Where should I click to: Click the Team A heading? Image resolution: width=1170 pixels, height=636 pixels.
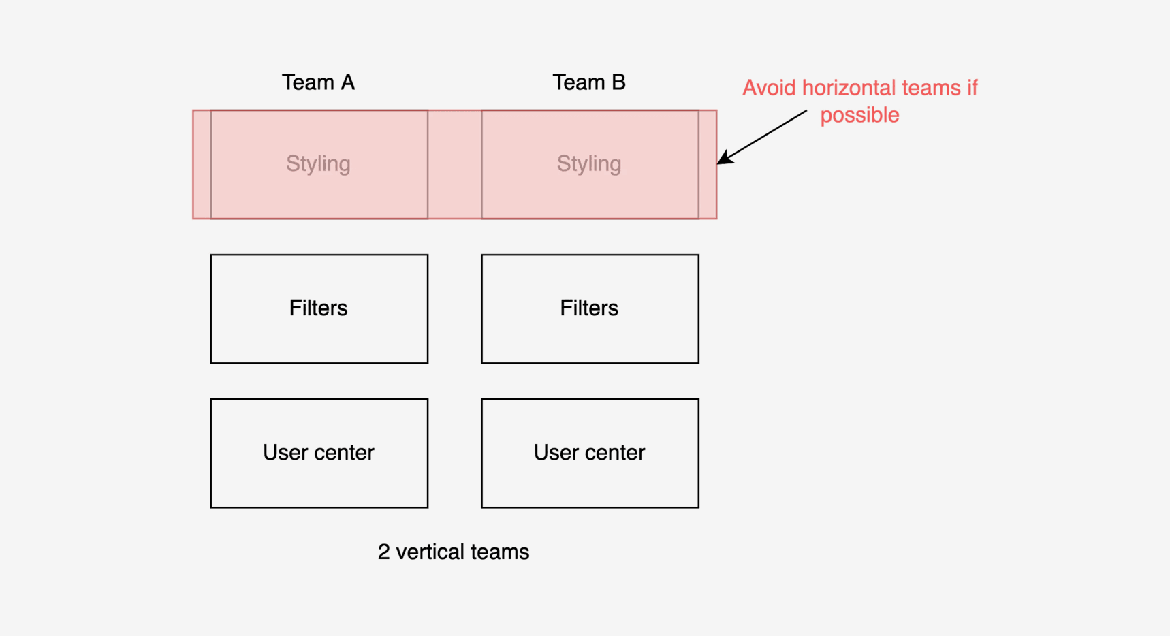tap(318, 82)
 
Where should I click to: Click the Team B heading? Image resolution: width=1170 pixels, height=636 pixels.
tap(589, 82)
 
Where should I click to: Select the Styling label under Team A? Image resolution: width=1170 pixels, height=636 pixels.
tap(318, 163)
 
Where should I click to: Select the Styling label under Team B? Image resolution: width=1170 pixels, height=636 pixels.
tap(589, 163)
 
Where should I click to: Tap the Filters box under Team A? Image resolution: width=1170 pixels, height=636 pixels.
tap(319, 309)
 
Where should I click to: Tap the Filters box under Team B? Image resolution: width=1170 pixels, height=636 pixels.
tap(590, 309)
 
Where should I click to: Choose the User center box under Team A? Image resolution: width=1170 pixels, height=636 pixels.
tap(319, 454)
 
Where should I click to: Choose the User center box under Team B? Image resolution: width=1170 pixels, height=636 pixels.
tap(590, 454)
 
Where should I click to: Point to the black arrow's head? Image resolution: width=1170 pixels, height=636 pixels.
tap(718, 163)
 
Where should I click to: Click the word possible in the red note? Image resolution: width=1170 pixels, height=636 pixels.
tap(859, 115)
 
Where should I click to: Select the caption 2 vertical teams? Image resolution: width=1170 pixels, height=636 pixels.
tap(454, 552)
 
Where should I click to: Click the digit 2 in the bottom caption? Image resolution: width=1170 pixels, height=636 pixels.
tap(383, 552)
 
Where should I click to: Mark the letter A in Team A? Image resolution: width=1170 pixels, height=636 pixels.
tap(347, 82)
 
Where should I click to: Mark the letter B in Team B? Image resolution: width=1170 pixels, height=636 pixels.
tap(618, 82)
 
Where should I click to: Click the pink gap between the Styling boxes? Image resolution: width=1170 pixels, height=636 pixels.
tap(455, 164)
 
